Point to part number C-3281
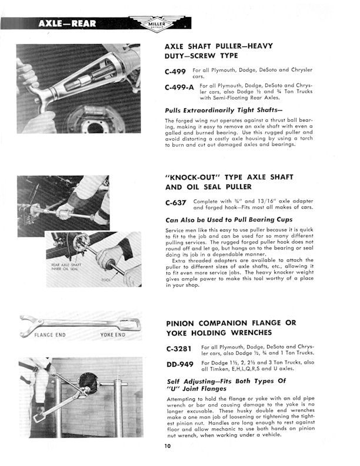(x=179, y=349)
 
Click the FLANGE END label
(x=51, y=335)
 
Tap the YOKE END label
(x=112, y=335)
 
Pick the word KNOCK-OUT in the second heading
(x=197, y=177)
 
